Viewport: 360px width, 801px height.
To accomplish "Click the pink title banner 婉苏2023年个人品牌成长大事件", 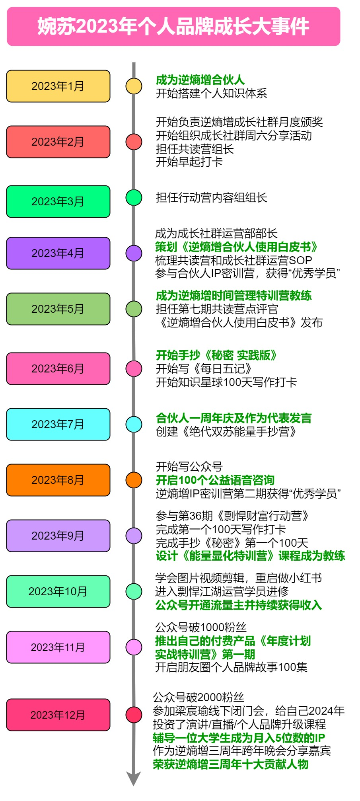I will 173,26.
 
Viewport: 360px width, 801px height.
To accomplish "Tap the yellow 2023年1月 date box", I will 58,86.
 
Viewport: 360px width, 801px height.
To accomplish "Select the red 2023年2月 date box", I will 58,142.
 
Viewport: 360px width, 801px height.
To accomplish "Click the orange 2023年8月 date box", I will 58,480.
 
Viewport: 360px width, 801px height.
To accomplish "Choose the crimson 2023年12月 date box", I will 58,715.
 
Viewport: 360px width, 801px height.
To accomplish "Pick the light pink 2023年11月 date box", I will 58,647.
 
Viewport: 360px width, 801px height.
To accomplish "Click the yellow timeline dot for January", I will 134,86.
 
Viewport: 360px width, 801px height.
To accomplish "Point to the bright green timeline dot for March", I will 134,197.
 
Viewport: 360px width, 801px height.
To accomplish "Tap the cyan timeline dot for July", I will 134,424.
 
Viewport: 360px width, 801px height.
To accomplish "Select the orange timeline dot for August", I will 134,480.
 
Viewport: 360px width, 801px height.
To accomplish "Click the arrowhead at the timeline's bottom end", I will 134,778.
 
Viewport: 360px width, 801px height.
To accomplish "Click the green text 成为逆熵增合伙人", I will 200,80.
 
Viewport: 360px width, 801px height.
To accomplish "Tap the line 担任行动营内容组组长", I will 211,197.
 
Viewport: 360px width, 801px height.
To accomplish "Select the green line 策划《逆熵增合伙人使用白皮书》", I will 236,247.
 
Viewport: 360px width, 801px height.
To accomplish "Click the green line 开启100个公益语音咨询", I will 215,480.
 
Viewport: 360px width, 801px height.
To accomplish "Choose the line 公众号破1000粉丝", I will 201,628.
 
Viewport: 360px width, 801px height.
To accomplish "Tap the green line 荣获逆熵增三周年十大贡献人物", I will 231,764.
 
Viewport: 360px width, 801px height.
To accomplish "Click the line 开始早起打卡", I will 189,162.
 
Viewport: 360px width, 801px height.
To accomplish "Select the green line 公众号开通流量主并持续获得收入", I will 239,605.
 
